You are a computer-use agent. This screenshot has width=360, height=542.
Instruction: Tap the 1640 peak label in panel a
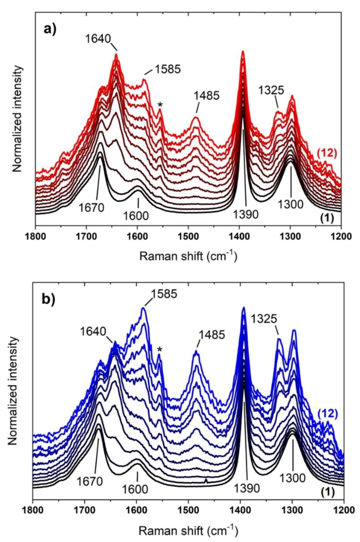point(98,39)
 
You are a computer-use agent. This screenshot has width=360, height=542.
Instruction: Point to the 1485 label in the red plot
point(207,95)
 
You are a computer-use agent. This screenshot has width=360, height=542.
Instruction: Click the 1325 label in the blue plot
point(264,319)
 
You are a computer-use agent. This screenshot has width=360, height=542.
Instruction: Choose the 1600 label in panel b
point(135,489)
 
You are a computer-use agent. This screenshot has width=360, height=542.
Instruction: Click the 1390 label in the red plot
point(246,214)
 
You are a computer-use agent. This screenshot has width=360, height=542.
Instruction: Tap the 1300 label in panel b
point(292,478)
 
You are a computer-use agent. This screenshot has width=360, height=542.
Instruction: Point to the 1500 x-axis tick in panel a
point(188,236)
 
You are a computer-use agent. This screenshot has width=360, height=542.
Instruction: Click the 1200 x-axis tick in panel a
point(341,236)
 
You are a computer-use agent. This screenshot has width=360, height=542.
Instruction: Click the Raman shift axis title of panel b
point(188,530)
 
